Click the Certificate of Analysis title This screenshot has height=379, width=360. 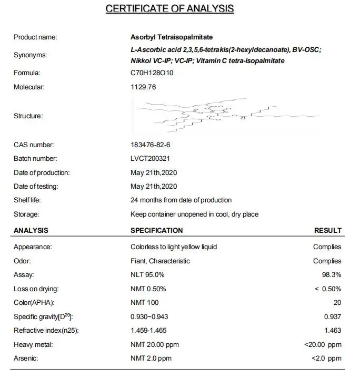pyautogui.click(x=169, y=8)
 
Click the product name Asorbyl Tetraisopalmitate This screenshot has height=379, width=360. pyautogui.click(x=172, y=37)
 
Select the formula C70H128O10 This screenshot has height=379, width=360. pyautogui.click(x=152, y=73)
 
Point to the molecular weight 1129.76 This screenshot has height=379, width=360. pyautogui.click(x=143, y=87)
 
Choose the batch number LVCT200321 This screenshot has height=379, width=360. pyautogui.click(x=150, y=158)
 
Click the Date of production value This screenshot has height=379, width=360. pyautogui.click(x=154, y=172)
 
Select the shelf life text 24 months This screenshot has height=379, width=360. pyautogui.click(x=181, y=200)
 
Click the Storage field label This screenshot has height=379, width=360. pyautogui.click(x=26, y=214)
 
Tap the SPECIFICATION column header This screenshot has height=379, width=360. pyautogui.click(x=156, y=231)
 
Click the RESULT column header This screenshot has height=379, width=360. pyautogui.click(x=328, y=231)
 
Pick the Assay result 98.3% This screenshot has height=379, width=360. pyautogui.click(x=332, y=275)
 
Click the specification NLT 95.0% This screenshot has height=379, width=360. pyautogui.click(x=147, y=275)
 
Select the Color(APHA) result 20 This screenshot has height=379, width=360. pyautogui.click(x=337, y=303)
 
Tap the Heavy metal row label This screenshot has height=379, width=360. pyautogui.click(x=33, y=345)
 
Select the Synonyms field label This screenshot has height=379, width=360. pyautogui.click(x=30, y=55)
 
